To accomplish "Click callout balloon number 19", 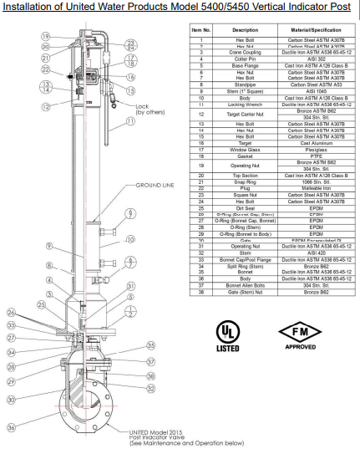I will click(48, 36).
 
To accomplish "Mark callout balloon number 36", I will click(11, 427).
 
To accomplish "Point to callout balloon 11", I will click(130, 121).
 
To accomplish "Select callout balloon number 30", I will click(11, 400).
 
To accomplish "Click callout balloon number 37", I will click(151, 361).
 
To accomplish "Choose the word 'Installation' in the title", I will click(25, 9).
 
